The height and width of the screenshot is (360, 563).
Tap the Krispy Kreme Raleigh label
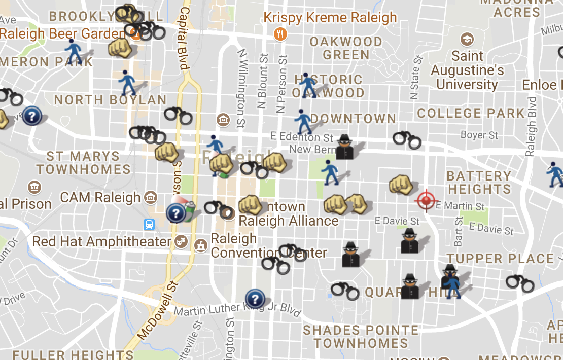330,18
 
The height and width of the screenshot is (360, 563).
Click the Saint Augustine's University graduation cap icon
467,39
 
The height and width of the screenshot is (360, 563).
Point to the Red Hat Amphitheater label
101,241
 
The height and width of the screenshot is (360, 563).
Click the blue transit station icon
149,225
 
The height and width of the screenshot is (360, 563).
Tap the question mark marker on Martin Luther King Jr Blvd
255,298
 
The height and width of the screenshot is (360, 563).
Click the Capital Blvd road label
184,38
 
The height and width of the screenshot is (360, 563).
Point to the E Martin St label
460,206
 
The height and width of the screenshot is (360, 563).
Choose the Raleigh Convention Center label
269,245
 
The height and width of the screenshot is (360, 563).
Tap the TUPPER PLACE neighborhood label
500,259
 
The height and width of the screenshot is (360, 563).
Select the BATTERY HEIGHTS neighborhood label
479,183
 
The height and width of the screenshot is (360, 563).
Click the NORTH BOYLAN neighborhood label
110,100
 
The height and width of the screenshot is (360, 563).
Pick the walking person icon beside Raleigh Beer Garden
74,50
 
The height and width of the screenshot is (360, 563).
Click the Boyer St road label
479,135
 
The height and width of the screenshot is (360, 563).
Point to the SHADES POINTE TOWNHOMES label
361,337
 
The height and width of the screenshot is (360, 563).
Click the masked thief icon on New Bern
345,147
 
